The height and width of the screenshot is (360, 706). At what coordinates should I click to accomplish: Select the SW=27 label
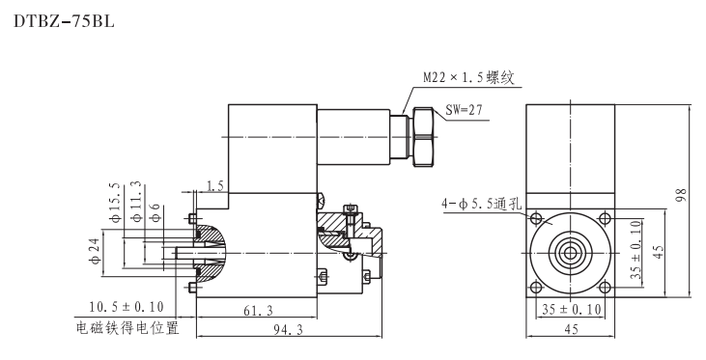(466, 110)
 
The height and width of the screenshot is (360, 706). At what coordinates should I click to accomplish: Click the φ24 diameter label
(94, 244)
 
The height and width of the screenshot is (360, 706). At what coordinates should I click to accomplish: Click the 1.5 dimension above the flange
(215, 183)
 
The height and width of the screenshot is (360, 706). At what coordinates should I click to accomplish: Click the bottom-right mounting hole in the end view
(604, 286)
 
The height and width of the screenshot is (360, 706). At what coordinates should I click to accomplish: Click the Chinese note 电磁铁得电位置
(128, 328)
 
